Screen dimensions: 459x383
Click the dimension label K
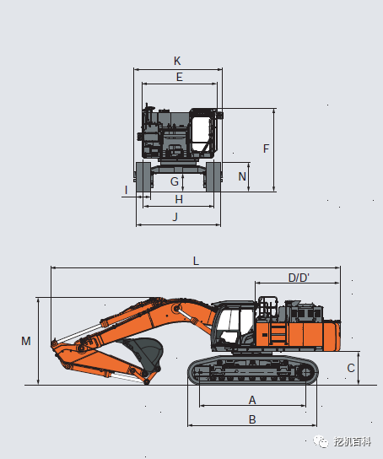(177, 61)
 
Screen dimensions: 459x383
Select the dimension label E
(179, 77)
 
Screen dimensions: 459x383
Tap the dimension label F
(266, 148)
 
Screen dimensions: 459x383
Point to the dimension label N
(242, 176)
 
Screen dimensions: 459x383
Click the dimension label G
(175, 181)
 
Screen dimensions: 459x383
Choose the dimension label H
(178, 199)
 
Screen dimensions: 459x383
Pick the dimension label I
(126, 190)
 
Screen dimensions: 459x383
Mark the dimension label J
(175, 217)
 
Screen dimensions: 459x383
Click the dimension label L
(196, 261)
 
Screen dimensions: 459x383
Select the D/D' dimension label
(299, 278)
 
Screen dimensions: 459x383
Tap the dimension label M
(26, 341)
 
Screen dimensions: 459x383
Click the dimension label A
(251, 399)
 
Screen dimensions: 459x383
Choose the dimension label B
(251, 418)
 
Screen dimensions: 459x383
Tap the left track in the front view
(143, 177)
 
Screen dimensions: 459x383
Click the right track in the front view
(214, 177)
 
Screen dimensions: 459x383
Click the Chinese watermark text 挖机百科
(352, 441)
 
